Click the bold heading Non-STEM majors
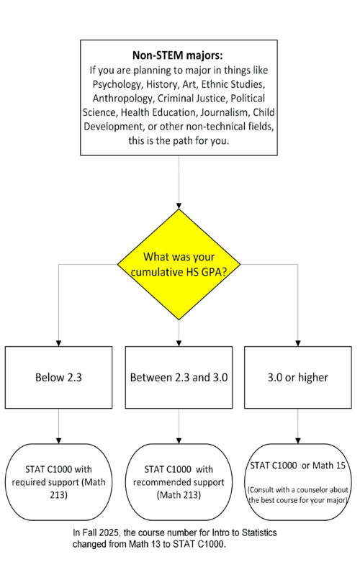point(179,55)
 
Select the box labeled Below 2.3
point(58,378)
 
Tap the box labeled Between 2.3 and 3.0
point(179,378)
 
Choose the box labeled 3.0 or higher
point(298,378)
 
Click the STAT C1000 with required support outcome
point(58,478)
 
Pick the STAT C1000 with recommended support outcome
point(179,478)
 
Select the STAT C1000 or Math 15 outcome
point(298,466)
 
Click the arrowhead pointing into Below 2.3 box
point(58,343)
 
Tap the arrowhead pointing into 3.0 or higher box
point(298,343)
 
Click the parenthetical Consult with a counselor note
point(298,494)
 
